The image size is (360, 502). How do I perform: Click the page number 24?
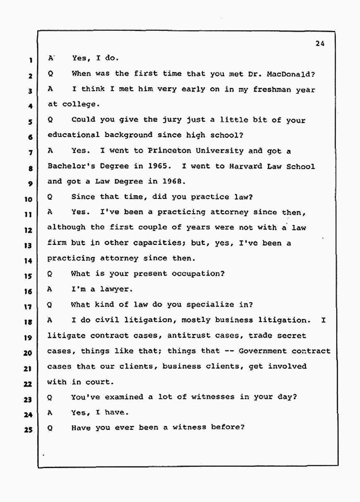(x=321, y=43)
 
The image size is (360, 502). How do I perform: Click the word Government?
(x=263, y=351)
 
